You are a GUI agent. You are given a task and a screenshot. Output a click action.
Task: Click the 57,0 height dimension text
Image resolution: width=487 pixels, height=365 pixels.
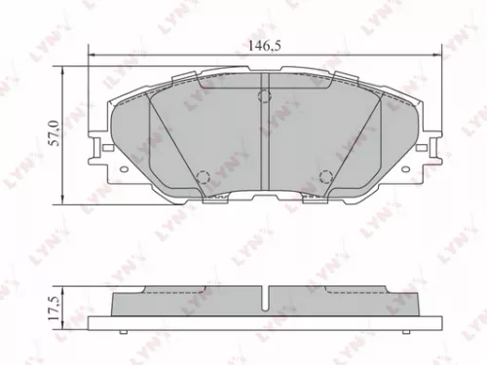point(55,129)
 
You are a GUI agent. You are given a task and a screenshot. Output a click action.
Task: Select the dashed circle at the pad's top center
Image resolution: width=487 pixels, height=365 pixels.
point(264,95)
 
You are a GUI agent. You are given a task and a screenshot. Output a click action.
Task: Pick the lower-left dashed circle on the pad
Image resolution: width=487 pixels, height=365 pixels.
point(204,177)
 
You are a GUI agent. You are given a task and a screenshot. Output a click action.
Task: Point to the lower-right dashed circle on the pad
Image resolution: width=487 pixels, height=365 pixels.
point(325,177)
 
